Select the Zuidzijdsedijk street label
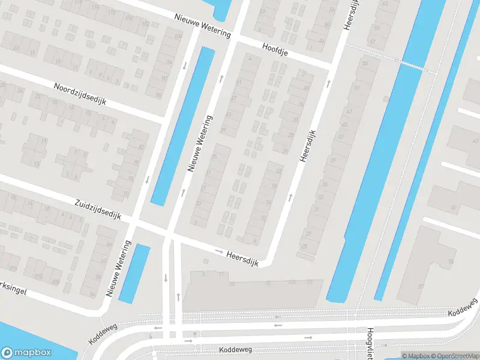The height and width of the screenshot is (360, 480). pyautogui.click(x=98, y=209)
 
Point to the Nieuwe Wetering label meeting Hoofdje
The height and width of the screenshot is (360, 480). pyautogui.click(x=203, y=26)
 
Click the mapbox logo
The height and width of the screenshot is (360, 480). pyautogui.click(x=25, y=353)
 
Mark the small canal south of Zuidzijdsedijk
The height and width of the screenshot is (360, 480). pyautogui.click(x=134, y=273)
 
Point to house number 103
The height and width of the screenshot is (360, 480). pyautogui.click(x=292, y=281)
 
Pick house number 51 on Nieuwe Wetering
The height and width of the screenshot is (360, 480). pyautogui.click(x=239, y=82)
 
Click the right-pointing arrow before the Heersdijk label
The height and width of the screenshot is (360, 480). pyautogui.click(x=219, y=251)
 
